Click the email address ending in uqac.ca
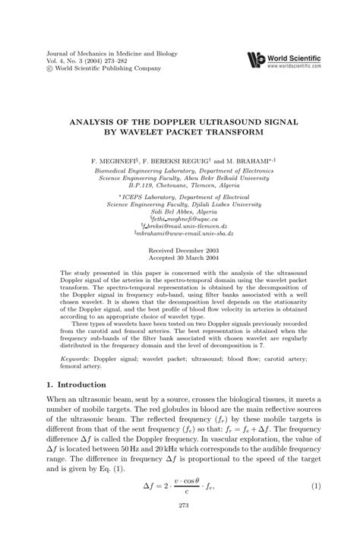[180, 218]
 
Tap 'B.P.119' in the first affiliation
[142, 186]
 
